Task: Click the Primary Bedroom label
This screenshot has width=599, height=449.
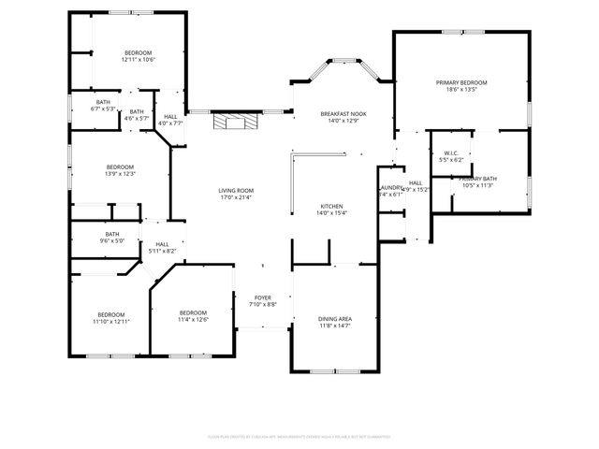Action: point(461,83)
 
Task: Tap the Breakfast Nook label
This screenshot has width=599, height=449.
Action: point(343,112)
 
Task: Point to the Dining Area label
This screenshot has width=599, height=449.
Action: point(334,319)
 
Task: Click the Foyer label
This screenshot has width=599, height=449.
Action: point(263,297)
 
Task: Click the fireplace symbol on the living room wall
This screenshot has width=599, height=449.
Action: point(233,122)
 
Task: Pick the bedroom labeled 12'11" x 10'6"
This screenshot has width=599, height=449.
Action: point(138,52)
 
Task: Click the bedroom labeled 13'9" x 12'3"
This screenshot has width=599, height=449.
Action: point(119,167)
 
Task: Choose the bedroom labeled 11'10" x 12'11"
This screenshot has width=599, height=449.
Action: point(110,314)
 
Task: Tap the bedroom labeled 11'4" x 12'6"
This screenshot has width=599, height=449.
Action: point(193,312)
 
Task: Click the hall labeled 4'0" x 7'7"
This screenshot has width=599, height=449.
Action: point(170,116)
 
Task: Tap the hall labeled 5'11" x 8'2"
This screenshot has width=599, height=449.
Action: point(162,244)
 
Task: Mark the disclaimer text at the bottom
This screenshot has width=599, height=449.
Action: point(299,436)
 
